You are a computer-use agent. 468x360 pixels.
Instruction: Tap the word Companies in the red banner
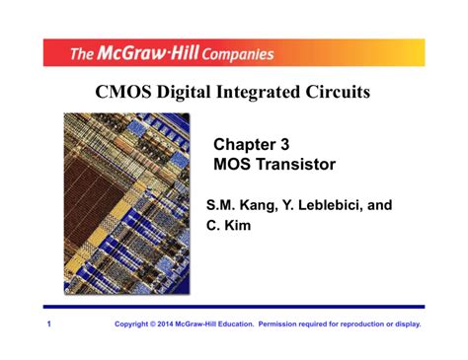coord(230,53)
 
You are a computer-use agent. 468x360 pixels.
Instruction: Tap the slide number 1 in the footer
coord(46,324)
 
